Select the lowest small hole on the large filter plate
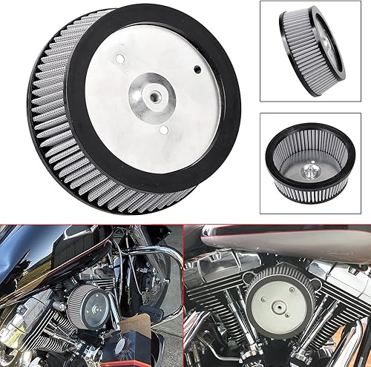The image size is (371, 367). pos(162,130)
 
